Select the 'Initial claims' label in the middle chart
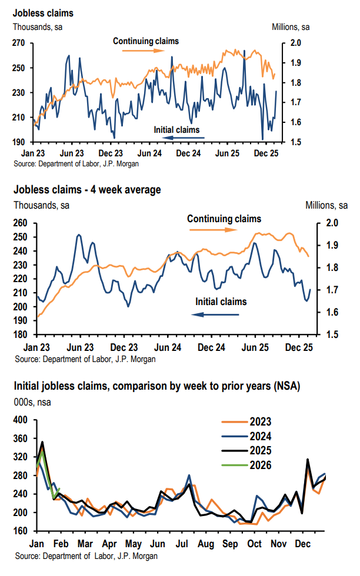point(221,302)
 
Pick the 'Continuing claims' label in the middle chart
point(224,219)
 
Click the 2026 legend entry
point(265,466)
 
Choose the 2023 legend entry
point(265,422)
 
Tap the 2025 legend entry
point(265,451)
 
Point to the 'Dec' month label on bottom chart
point(303,544)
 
